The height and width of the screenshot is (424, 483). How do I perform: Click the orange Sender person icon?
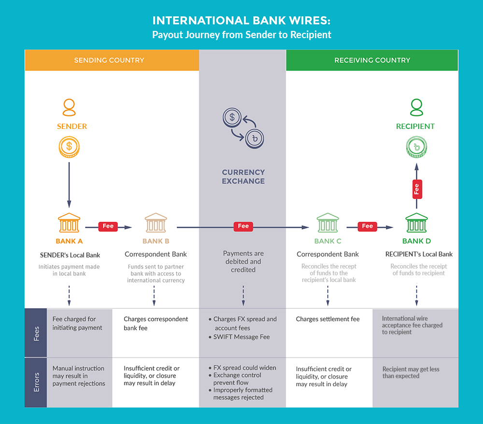point(70,108)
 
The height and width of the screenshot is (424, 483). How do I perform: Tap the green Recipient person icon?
point(416,108)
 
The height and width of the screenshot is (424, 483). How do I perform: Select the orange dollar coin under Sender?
point(70,147)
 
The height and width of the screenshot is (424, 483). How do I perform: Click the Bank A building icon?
point(69,223)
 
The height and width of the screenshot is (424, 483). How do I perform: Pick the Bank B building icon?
point(156,223)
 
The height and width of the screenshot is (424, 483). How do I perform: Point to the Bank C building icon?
point(327,223)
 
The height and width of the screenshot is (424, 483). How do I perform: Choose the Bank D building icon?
point(416,223)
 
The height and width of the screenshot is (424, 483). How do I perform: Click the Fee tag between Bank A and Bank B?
point(108,226)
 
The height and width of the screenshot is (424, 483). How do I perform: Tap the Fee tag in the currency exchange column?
point(243,226)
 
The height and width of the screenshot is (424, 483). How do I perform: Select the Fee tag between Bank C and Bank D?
point(368,226)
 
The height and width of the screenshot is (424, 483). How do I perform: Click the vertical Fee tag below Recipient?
point(416,189)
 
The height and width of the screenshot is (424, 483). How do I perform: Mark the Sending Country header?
point(109,60)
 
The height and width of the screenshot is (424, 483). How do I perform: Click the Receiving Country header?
point(372,60)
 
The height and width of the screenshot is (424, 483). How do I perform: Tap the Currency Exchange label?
point(243,177)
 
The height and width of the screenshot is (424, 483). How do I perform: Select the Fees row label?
point(36,333)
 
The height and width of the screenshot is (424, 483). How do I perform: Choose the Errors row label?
point(36,382)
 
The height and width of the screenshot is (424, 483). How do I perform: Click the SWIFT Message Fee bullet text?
point(241,337)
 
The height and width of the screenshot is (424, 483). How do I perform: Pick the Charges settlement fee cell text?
point(328,319)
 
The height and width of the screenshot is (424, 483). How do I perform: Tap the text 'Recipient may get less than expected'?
point(411,372)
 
